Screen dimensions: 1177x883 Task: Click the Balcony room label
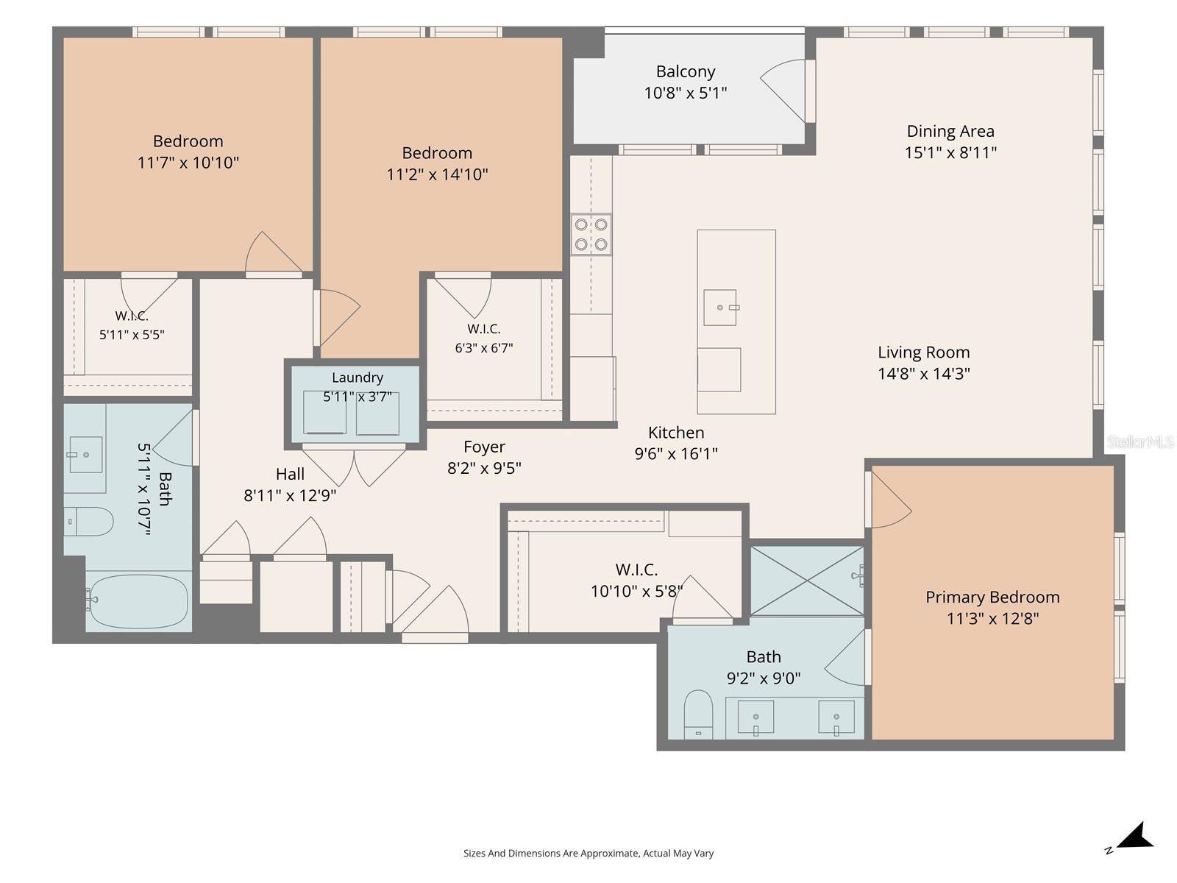click(686, 71)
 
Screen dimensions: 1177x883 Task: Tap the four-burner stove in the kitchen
click(591, 234)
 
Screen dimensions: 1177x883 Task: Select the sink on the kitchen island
click(720, 307)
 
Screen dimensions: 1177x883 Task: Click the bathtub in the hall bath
click(138, 601)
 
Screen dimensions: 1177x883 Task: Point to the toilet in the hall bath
click(88, 522)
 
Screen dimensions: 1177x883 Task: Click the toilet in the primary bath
click(698, 714)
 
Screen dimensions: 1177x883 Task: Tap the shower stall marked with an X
click(807, 581)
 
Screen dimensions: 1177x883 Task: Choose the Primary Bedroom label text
click(992, 597)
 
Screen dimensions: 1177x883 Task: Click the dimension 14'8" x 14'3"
click(924, 373)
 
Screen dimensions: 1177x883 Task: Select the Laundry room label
click(357, 377)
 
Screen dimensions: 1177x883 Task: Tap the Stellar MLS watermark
click(1140, 441)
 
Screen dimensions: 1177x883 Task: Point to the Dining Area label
click(950, 131)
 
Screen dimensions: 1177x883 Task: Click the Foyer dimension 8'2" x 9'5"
click(484, 468)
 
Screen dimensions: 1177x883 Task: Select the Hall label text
click(290, 474)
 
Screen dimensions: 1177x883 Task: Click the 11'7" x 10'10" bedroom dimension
click(188, 163)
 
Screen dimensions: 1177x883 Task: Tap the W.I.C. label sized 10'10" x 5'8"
click(636, 569)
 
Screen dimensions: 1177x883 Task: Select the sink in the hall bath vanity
click(86, 455)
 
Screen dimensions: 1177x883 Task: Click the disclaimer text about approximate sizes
click(588, 853)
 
